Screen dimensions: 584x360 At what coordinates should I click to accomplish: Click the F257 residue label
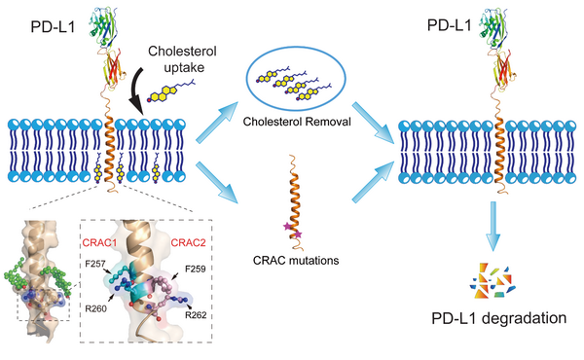click(95, 264)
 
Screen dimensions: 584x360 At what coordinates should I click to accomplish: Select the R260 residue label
click(95, 308)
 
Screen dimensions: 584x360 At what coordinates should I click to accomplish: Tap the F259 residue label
click(196, 269)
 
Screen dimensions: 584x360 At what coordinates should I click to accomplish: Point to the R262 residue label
click(196, 315)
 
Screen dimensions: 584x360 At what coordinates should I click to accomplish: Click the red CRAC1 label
click(99, 243)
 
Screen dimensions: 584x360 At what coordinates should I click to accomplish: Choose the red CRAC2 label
click(188, 243)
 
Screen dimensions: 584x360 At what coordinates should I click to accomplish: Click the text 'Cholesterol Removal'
click(297, 122)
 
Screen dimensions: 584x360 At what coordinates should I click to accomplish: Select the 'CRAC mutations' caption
click(296, 260)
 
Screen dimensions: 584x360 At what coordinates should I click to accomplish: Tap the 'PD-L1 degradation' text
click(499, 319)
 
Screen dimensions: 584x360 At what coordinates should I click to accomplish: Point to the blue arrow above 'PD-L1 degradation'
click(493, 226)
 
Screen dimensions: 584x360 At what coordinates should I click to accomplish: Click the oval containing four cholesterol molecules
click(296, 83)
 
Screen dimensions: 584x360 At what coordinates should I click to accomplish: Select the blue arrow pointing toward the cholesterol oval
click(217, 123)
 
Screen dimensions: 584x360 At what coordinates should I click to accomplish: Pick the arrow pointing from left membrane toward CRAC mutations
click(217, 182)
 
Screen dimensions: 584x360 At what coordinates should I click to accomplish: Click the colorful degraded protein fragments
click(493, 281)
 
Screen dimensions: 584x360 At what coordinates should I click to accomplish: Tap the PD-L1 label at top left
click(53, 27)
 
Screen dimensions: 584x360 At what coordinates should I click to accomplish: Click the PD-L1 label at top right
click(449, 25)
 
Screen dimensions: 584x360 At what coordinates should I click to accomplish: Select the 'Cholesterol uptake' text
click(182, 59)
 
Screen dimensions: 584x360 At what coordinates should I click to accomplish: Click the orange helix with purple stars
click(294, 203)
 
